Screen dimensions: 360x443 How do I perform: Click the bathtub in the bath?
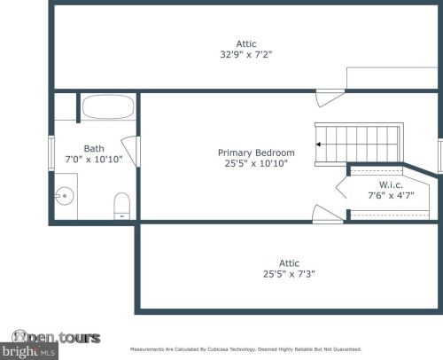point(109,110)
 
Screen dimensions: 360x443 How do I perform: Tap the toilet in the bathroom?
point(122,205)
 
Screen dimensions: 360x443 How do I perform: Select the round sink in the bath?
point(63,195)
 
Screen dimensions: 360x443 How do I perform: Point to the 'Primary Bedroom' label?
point(256,153)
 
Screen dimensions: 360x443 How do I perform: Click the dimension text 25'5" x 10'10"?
point(256,164)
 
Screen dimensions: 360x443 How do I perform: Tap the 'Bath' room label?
point(94,148)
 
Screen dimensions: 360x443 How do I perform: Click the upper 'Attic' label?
point(245,43)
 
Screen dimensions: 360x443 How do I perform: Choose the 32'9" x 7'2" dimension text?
point(245,54)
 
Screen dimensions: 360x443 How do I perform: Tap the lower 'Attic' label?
point(289,262)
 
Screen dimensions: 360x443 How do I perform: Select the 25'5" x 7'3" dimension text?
point(289,274)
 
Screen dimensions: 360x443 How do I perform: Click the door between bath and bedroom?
point(131,151)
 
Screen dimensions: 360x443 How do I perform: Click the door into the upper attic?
point(330,96)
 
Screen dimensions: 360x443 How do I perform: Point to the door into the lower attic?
point(325,213)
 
